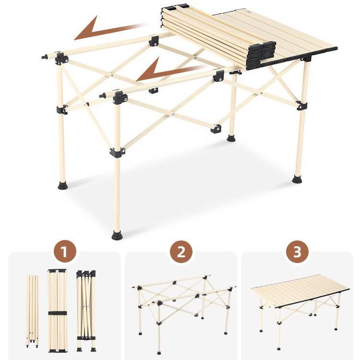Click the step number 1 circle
click(65, 252)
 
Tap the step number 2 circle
click(181, 252)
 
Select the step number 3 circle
click(297, 252)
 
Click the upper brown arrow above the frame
click(108, 29)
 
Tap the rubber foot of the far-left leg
click(63, 185)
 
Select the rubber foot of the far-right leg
click(298, 179)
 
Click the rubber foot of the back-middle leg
click(231, 138)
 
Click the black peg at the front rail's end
click(102, 96)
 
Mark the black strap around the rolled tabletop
click(58, 313)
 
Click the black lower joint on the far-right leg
click(302, 106)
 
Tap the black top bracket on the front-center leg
click(120, 97)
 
